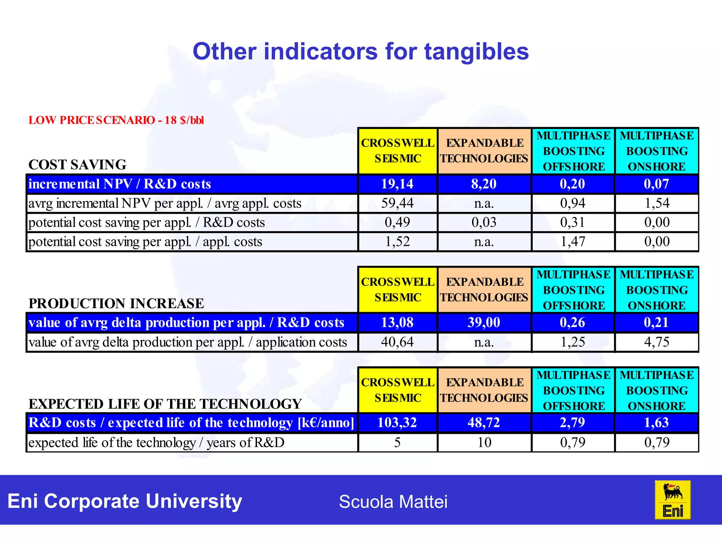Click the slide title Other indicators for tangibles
[x=361, y=52]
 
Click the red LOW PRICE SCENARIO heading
[x=116, y=120]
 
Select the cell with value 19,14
[x=397, y=184]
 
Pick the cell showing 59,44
[x=397, y=203]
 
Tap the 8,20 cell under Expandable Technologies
[x=484, y=184]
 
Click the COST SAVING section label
[x=77, y=164]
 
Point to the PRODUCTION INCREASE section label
[x=116, y=303]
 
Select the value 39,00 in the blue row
[x=484, y=323]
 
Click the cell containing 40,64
[x=397, y=342]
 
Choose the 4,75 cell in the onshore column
[x=656, y=342]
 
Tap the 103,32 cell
[x=397, y=422]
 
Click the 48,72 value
[x=484, y=422]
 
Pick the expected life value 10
[x=484, y=442]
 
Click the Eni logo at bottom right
[x=672, y=500]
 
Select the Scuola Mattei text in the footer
[x=393, y=502]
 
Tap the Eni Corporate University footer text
[x=125, y=501]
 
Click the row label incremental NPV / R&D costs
[x=120, y=184]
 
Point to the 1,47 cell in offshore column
[x=573, y=242]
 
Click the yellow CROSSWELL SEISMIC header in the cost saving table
[x=398, y=151]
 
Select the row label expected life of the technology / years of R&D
[x=156, y=443]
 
